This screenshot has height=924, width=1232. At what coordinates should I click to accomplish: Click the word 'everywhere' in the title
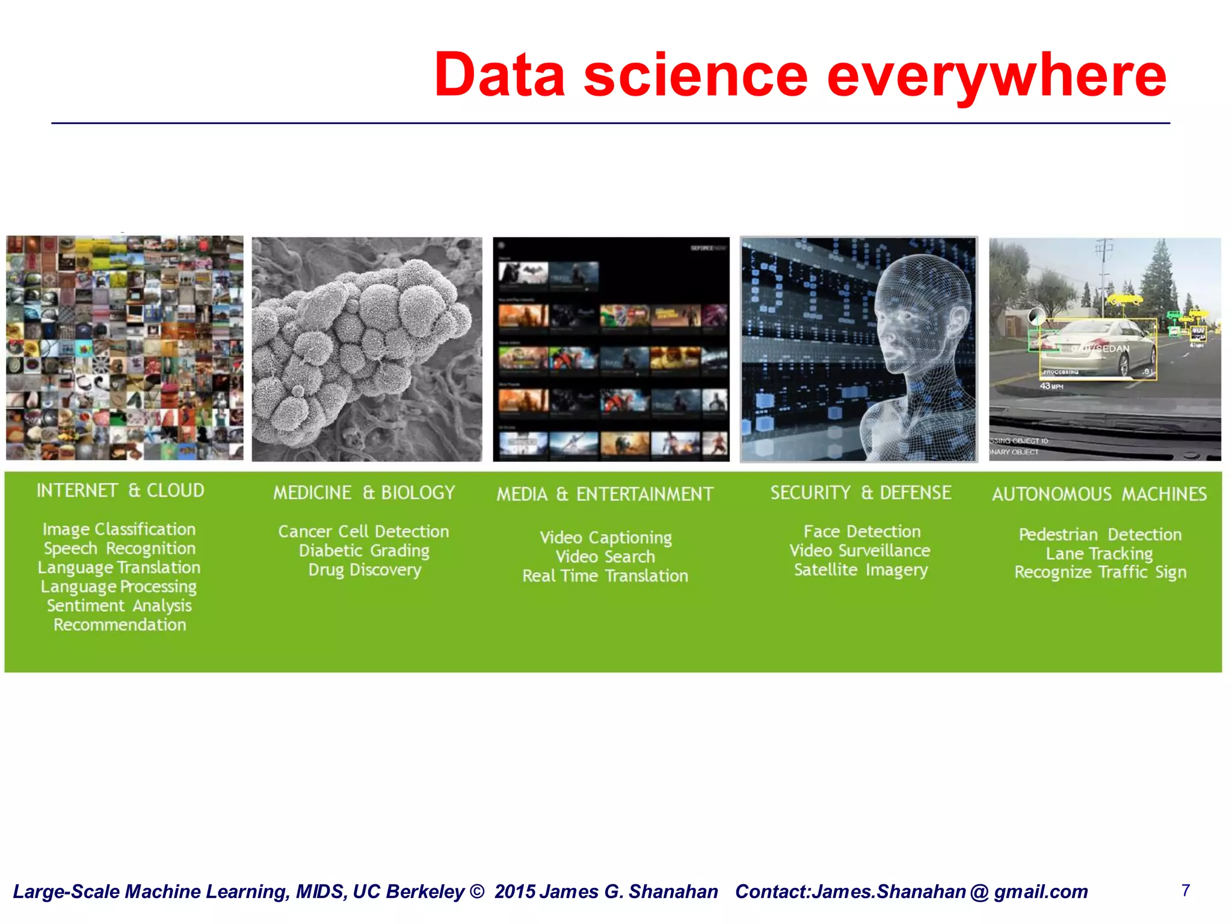coord(996,76)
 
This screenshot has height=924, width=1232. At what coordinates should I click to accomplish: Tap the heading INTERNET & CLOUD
coord(120,490)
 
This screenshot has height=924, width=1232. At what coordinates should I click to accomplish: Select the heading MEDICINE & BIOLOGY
coord(364,493)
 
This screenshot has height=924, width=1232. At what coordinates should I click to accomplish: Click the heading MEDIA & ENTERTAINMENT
coord(605,494)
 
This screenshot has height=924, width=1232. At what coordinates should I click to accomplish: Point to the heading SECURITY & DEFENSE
coord(861,493)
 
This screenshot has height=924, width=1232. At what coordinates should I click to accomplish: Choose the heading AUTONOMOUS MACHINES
coord(1099,494)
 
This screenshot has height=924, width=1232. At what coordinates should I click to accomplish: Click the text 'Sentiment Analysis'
coord(119,605)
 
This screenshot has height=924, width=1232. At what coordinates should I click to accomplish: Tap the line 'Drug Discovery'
coord(365,570)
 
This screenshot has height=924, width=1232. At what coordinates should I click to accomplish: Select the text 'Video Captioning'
coord(606,537)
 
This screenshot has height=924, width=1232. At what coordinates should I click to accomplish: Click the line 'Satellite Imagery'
coord(861,570)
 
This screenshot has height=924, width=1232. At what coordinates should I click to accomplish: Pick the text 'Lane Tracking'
coord(1099,553)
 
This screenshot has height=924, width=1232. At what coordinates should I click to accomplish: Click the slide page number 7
coord(1185,890)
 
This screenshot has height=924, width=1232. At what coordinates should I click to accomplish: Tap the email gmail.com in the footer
coord(1040,892)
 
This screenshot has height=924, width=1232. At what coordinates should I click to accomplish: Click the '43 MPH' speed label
coord(1052,386)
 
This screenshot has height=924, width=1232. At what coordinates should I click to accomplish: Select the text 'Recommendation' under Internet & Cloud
coord(120,624)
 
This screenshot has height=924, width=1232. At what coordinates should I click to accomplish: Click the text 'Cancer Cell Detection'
coord(363,531)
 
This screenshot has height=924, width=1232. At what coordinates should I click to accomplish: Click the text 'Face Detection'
coord(862,531)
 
